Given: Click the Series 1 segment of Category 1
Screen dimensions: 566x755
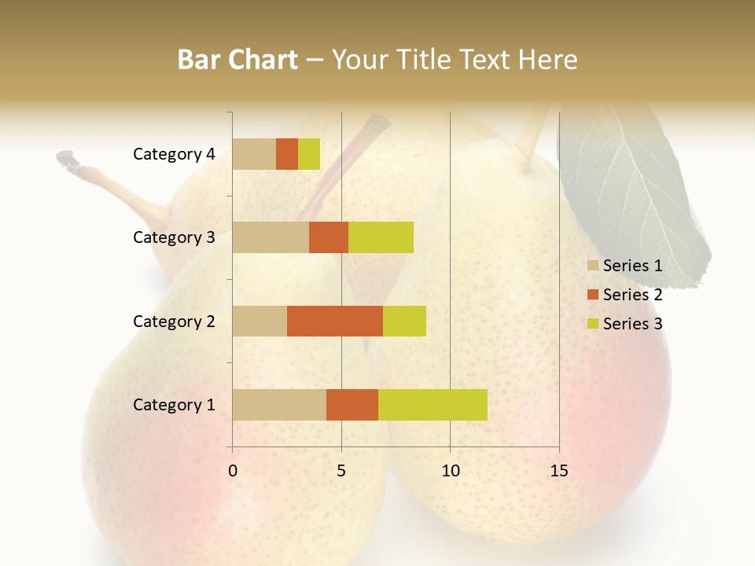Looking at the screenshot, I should pyautogui.click(x=279, y=404).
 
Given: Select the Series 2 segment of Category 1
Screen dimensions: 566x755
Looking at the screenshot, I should pyautogui.click(x=352, y=404).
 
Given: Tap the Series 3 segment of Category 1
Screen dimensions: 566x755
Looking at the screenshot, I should pyautogui.click(x=433, y=404).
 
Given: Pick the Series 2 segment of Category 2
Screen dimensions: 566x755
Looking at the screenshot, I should pyautogui.click(x=335, y=321).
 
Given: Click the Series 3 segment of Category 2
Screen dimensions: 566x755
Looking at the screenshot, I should pyautogui.click(x=404, y=321).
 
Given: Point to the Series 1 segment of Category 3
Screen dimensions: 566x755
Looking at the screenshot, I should pyautogui.click(x=271, y=237).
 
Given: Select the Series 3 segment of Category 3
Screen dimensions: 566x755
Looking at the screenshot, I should pyautogui.click(x=381, y=237).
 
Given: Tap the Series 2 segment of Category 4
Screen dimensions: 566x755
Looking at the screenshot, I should pyautogui.click(x=287, y=154).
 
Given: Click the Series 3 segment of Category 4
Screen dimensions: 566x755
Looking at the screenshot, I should pyautogui.click(x=309, y=154).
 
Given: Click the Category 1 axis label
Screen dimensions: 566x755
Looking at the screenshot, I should pyautogui.click(x=173, y=405).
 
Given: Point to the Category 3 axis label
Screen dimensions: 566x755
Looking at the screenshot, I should pyautogui.click(x=173, y=237).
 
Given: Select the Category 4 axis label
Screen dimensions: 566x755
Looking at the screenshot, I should pyautogui.click(x=173, y=154).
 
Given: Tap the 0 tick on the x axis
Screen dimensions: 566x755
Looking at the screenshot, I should pyautogui.click(x=233, y=471).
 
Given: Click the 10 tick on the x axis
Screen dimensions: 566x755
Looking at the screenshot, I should pyautogui.click(x=450, y=471).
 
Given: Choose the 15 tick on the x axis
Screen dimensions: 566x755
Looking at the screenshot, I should pyautogui.click(x=559, y=471).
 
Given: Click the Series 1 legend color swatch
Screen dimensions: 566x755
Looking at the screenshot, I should pyautogui.click(x=593, y=266).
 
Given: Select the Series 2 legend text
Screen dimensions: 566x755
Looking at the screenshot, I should pyautogui.click(x=632, y=295).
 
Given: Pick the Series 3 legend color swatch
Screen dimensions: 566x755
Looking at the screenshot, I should pyautogui.click(x=593, y=324).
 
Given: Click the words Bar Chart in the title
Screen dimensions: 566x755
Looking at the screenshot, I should pyautogui.click(x=238, y=60).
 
